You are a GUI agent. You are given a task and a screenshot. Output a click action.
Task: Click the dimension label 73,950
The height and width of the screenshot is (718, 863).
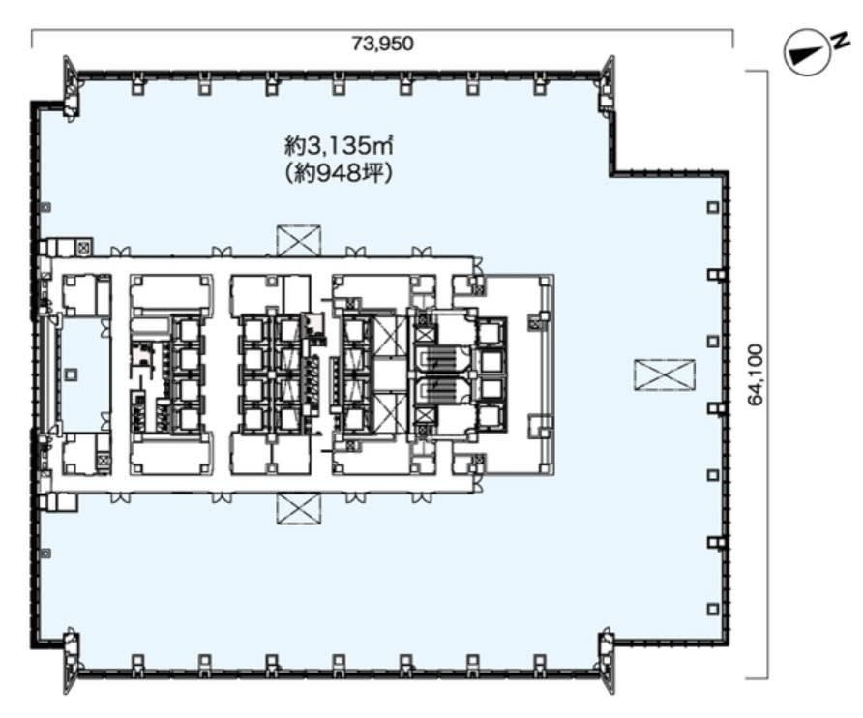[x=382, y=44]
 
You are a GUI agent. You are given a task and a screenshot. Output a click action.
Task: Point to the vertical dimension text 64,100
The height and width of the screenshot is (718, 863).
[x=757, y=375]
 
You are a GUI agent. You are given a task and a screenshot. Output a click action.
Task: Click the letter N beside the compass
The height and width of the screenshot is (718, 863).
[x=840, y=42]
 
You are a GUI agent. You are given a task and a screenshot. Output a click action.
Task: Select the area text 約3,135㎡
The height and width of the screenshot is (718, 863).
[x=339, y=146]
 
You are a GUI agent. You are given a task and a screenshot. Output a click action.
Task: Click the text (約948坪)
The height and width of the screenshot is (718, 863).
[x=339, y=174]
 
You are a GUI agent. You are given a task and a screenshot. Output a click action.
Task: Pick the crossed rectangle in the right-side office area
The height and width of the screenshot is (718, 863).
[x=665, y=375]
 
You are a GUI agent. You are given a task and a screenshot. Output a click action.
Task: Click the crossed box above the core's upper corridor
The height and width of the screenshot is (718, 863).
[x=299, y=241]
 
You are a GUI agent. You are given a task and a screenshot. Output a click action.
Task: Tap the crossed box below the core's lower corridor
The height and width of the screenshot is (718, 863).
[x=299, y=509]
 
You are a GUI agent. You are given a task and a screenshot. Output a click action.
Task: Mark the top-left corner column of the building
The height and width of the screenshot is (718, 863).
[x=70, y=87]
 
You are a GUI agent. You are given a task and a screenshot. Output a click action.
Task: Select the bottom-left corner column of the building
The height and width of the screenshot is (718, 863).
[x=70, y=661]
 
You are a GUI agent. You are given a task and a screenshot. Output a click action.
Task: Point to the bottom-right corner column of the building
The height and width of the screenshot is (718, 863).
[x=607, y=661]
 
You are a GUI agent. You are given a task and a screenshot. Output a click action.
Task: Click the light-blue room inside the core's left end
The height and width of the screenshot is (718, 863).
[x=85, y=374]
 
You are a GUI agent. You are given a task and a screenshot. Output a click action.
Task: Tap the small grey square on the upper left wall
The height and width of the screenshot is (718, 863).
[x=46, y=208]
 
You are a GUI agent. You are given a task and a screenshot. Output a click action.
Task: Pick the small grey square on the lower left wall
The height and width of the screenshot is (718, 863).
[x=46, y=553]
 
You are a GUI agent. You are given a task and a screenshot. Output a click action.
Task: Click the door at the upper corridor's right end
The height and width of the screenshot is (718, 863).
[x=478, y=266]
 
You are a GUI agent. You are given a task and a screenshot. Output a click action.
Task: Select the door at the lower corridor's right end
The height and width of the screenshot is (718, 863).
[x=478, y=484]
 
